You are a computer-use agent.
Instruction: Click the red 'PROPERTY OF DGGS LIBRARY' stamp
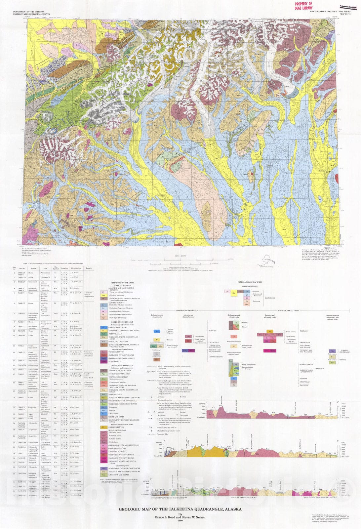[303, 6]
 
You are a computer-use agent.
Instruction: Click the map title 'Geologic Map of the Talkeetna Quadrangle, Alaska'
[180, 509]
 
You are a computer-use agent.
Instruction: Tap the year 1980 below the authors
[180, 521]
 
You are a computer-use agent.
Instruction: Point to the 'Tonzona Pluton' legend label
[116, 352]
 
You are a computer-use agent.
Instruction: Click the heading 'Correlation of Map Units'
[250, 282]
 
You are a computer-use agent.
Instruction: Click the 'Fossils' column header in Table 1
[33, 268]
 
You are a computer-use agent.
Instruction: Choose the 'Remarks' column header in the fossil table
[89, 268]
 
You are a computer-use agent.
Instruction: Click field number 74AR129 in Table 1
[22, 282]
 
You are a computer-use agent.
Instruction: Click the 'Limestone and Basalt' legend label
[117, 475]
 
